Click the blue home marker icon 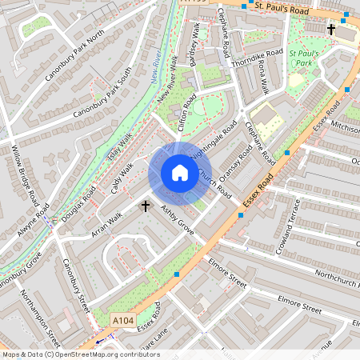point(180,173)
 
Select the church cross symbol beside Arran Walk point(146,206)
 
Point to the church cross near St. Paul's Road point(331,30)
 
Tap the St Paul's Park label point(304,58)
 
